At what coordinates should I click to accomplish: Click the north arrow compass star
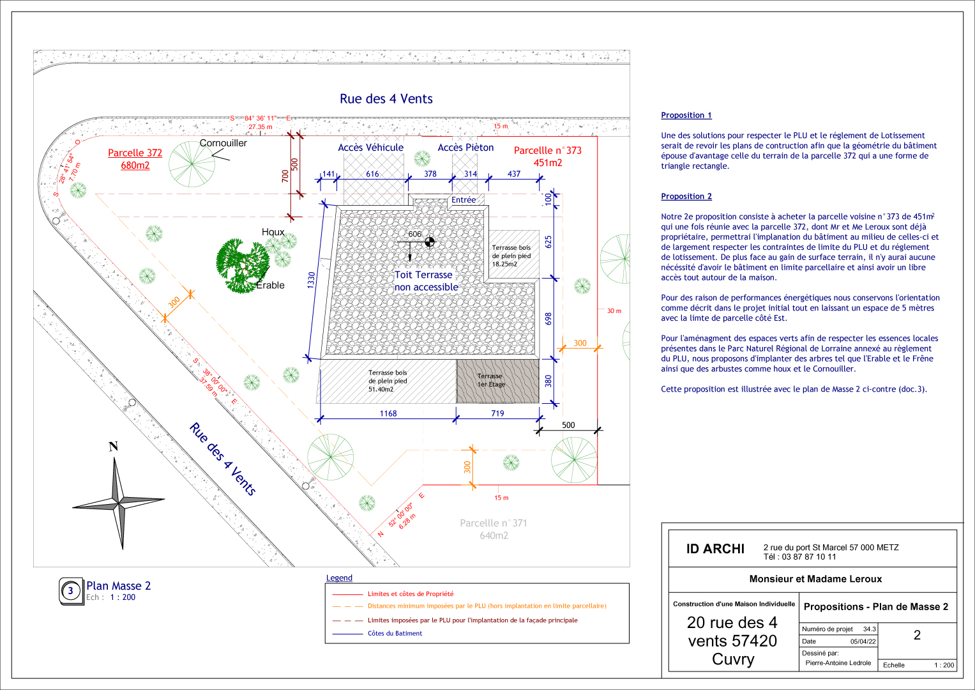click(x=118, y=504)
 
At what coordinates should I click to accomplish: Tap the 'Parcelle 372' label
click(x=135, y=153)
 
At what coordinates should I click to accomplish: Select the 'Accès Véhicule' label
click(x=371, y=148)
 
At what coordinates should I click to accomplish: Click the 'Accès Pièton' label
click(x=465, y=148)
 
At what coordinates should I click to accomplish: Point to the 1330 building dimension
click(x=311, y=280)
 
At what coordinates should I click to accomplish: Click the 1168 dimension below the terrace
click(x=388, y=413)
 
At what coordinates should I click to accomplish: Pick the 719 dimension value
click(x=497, y=413)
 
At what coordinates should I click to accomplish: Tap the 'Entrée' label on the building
click(x=463, y=200)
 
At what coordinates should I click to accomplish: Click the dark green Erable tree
click(x=243, y=265)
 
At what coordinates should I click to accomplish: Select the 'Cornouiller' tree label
click(x=223, y=143)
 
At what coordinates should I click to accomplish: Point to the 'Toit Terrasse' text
click(x=423, y=275)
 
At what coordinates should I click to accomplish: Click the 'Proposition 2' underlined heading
click(x=686, y=197)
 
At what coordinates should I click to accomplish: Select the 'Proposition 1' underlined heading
click(x=686, y=116)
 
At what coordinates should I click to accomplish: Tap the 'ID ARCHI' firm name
click(x=715, y=549)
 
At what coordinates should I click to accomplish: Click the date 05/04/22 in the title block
click(x=863, y=641)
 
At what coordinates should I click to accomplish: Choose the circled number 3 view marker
click(x=70, y=591)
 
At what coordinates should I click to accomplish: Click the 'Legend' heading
click(x=339, y=578)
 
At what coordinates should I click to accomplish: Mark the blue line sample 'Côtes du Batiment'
click(x=347, y=634)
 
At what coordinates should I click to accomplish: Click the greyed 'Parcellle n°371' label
click(x=493, y=523)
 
